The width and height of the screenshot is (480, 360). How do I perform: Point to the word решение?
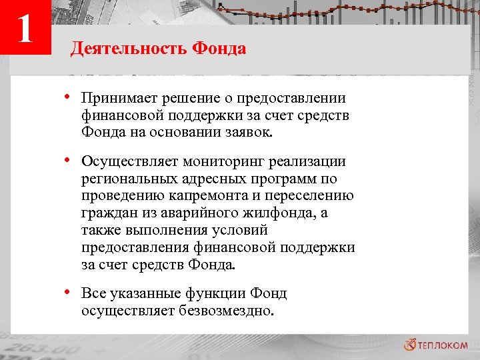[x=186, y=99]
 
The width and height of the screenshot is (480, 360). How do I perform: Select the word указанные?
[x=142, y=293]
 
